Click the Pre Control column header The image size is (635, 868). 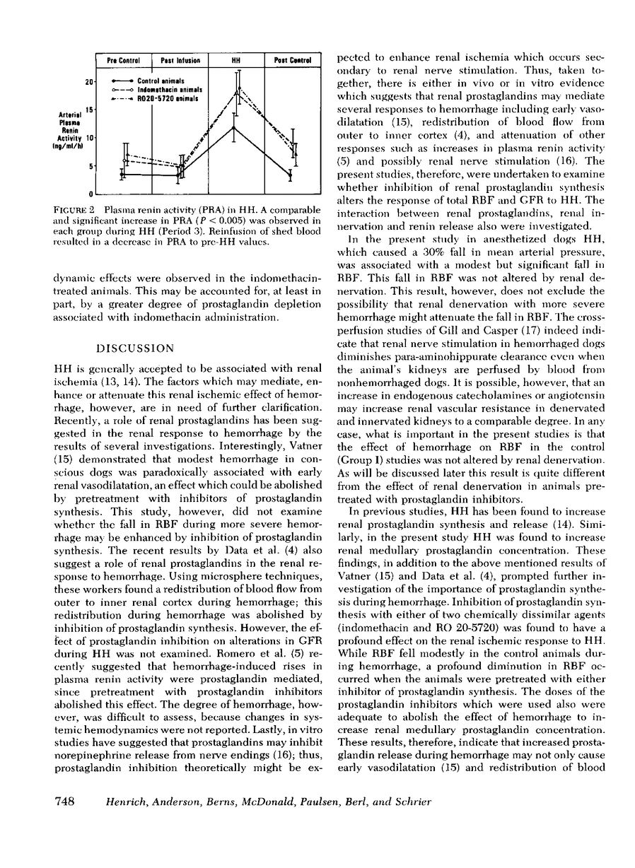pyautogui.click(x=123, y=61)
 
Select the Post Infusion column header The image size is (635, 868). pyautogui.click(x=180, y=61)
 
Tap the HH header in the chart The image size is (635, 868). pyautogui.click(x=236, y=61)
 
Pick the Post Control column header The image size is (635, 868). pyautogui.click(x=293, y=61)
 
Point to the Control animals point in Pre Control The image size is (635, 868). pyautogui.click(x=123, y=174)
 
